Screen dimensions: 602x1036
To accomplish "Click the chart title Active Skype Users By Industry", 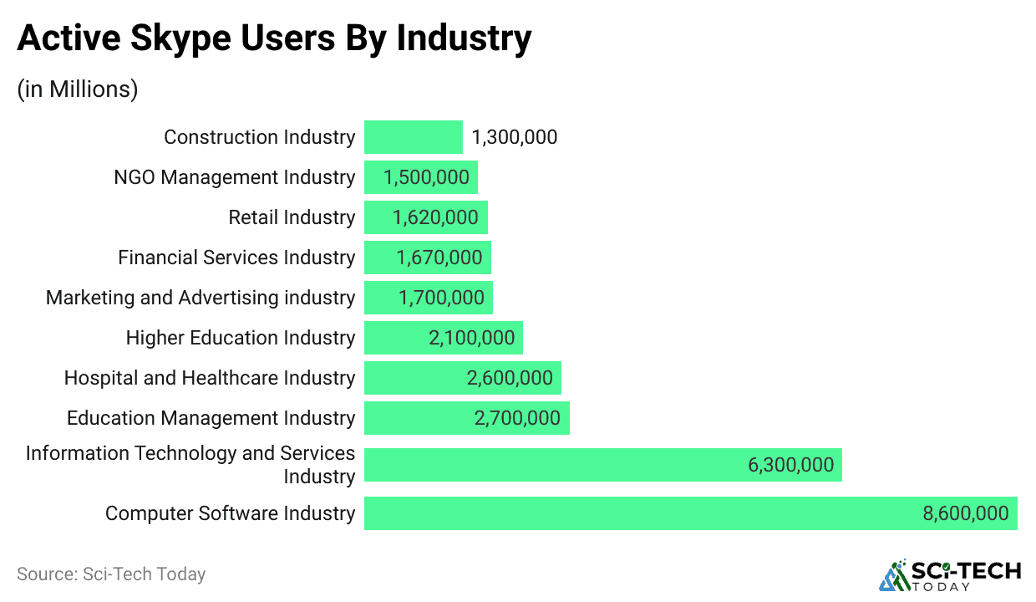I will point(274,39).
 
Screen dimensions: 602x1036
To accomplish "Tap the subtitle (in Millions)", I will point(78,89).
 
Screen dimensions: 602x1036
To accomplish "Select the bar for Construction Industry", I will point(413,137).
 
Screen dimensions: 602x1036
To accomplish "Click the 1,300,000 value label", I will point(514,137).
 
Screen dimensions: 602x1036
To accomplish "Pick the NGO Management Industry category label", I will point(234,177).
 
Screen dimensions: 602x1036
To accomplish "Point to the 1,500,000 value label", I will point(426,177).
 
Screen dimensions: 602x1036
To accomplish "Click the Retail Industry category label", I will point(292,217).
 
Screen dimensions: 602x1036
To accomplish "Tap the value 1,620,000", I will point(435,217).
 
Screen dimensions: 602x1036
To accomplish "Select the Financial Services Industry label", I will point(236,258).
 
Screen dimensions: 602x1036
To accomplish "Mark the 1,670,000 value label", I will point(439,258).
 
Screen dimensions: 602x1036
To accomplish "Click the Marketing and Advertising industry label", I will point(201,298).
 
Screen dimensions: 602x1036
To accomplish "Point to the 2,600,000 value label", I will point(510,378).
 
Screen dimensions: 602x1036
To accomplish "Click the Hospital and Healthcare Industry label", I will point(210,378).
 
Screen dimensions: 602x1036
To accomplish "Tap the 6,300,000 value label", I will point(790,465).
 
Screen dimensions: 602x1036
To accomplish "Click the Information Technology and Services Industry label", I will point(190,465).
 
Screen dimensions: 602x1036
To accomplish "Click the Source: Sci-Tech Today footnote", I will point(111,574).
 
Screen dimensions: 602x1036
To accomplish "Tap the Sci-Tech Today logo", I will point(950,575).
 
